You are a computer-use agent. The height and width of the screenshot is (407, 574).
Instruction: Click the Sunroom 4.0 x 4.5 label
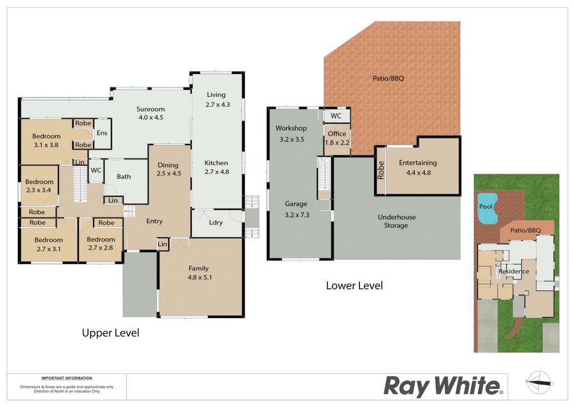pyautogui.click(x=150, y=113)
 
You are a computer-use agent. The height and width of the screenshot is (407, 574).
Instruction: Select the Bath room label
pyautogui.click(x=124, y=177)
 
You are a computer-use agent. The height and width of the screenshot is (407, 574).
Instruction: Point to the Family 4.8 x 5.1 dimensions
pyautogui.click(x=200, y=277)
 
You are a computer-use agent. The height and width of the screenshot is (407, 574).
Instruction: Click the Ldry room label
pyautogui.click(x=216, y=223)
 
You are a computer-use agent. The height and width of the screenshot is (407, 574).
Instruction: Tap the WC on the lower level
pyautogui.click(x=336, y=116)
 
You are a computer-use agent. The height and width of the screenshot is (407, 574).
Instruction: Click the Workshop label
pyautogui.click(x=291, y=128)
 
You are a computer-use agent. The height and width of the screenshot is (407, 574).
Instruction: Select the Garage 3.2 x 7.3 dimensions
pyautogui.click(x=297, y=215)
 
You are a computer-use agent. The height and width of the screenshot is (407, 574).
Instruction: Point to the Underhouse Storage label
pyautogui.click(x=397, y=221)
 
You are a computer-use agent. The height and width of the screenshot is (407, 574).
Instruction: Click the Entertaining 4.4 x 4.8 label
pyautogui.click(x=418, y=168)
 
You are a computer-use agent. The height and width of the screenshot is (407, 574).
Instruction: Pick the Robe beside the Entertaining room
pyautogui.click(x=381, y=170)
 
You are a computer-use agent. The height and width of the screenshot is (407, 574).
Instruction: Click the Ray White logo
pyautogui.click(x=443, y=386)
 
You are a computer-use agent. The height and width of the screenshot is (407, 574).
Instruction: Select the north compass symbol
pyautogui.click(x=539, y=382)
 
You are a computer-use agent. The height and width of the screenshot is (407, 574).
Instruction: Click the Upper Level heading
pyautogui.click(x=110, y=332)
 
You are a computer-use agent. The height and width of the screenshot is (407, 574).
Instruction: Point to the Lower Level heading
pyautogui.click(x=354, y=285)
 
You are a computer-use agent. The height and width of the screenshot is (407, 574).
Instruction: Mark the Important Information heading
pyautogui.click(x=67, y=378)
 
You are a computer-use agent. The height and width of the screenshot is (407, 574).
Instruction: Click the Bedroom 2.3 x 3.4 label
pyautogui.click(x=39, y=186)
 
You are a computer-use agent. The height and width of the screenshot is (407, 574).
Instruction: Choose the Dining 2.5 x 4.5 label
pyautogui.click(x=168, y=169)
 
